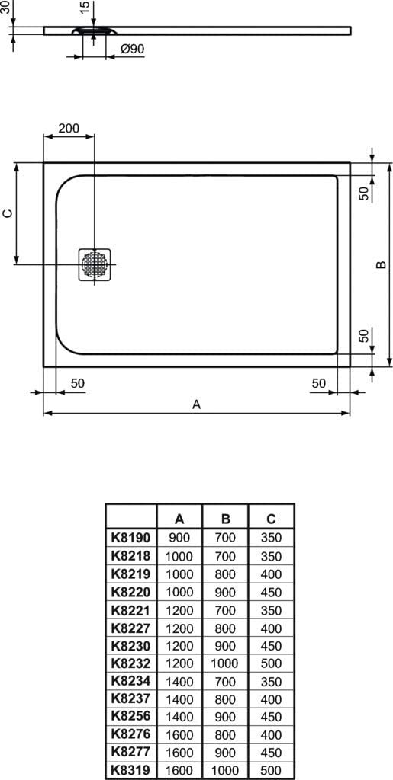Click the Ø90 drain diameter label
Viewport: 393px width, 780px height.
(133, 49)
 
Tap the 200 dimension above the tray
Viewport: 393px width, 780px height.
(69, 128)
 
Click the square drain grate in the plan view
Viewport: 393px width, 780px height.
(94, 264)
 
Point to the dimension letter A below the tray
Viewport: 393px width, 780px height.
(197, 404)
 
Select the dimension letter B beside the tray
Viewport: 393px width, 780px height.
(381, 264)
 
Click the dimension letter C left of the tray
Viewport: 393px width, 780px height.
(8, 213)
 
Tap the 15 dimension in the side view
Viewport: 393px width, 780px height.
(85, 7)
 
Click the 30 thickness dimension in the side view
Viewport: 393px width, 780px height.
(6, 7)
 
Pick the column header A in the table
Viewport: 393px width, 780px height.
(180, 519)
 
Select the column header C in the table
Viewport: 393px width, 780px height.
(271, 519)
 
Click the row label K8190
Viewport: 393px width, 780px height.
(131, 538)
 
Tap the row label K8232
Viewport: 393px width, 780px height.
(131, 663)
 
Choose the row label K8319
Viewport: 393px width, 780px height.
(131, 769)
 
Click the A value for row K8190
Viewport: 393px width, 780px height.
(180, 538)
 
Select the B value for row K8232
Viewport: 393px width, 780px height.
(224, 663)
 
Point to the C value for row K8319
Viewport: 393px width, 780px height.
(271, 769)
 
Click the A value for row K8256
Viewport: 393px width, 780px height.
(179, 717)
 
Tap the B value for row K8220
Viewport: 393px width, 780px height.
(225, 592)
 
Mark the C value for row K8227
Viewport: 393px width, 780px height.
(271, 628)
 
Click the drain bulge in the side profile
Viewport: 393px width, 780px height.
(95, 30)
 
